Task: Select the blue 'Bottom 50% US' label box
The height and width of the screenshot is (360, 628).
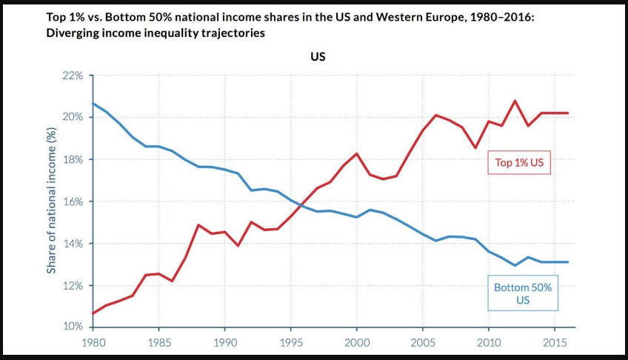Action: coord(523,294)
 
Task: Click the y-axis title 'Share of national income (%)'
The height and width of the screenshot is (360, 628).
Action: coord(52,200)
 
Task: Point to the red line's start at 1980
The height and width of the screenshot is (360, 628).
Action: coord(93,313)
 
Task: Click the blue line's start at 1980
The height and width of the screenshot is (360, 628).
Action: coord(93,103)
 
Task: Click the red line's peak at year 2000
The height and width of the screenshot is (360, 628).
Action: coord(356,153)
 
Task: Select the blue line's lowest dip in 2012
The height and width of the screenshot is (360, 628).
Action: coord(515,265)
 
